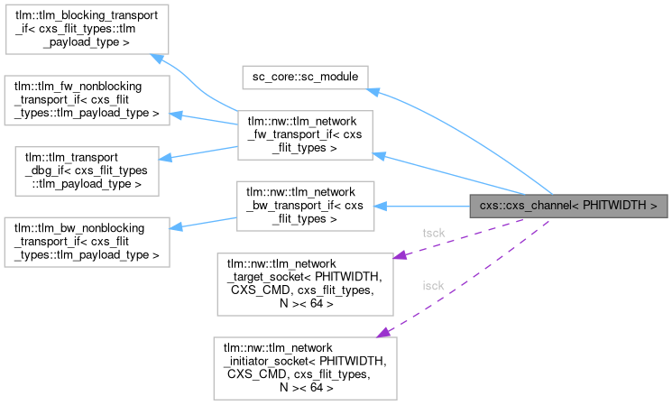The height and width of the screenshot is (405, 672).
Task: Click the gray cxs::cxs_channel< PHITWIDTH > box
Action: click(568, 206)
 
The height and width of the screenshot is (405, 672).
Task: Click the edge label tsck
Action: click(433, 233)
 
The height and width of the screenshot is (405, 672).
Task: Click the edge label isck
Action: click(433, 286)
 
